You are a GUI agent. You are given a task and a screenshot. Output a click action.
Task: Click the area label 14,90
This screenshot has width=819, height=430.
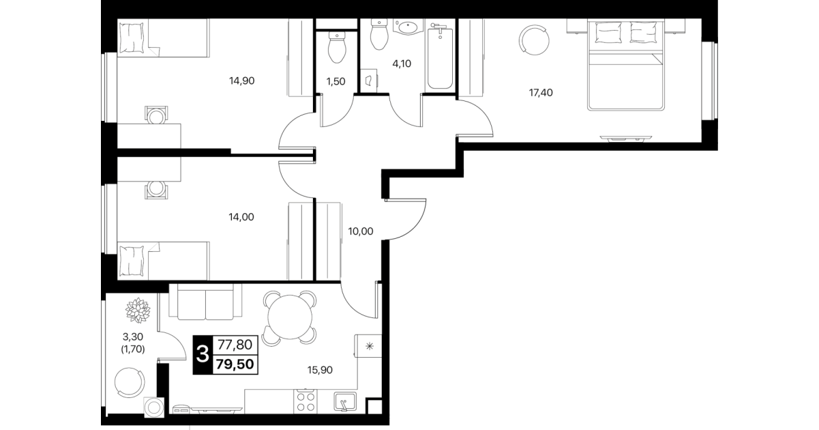point(241,81)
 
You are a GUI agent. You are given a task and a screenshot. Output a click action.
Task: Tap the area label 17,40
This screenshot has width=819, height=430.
point(541,93)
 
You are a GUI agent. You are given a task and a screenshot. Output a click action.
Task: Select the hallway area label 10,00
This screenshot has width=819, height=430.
point(361,231)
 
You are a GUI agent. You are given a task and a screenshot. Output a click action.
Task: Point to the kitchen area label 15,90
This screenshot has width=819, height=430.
point(320,370)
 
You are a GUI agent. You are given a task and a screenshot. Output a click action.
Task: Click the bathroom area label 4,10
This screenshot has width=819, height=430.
point(402,63)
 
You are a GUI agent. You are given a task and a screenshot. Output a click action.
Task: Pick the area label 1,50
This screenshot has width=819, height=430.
point(336,81)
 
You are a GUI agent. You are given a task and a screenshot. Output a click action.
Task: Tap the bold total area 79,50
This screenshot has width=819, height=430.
point(235,364)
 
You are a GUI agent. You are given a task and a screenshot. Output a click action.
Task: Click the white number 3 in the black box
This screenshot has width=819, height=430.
point(203,354)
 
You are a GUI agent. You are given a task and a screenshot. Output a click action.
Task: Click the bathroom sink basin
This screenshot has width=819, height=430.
point(408,27)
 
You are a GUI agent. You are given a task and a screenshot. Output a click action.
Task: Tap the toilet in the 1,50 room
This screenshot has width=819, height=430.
point(337,48)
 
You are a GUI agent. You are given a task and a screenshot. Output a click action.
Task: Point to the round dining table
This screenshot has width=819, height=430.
point(290,317)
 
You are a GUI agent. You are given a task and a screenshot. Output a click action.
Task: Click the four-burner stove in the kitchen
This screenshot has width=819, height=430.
point(306,401)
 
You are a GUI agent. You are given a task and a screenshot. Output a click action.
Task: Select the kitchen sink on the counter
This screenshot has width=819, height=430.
point(345,401)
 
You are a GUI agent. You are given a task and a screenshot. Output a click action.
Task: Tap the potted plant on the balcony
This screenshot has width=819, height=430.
point(138,311)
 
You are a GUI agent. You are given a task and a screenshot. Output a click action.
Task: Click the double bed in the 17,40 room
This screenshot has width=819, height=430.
point(625,64)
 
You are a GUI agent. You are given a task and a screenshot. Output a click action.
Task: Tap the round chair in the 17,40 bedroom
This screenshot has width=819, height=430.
point(534,40)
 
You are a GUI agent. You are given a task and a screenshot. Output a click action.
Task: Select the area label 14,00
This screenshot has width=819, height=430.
point(241,217)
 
